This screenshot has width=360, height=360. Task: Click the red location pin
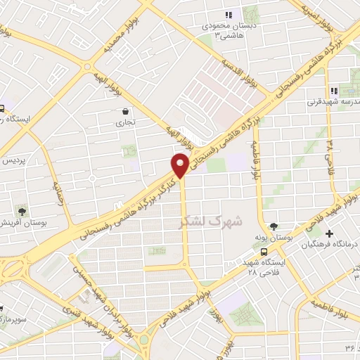tap(180, 165)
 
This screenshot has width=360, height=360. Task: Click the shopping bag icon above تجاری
tap(125, 111)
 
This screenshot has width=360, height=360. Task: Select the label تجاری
tap(125, 122)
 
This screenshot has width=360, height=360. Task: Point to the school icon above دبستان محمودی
tap(229, 15)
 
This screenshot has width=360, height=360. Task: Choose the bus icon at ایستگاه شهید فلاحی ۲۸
tap(263, 251)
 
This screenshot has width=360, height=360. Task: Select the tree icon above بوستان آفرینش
tap(22, 210)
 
